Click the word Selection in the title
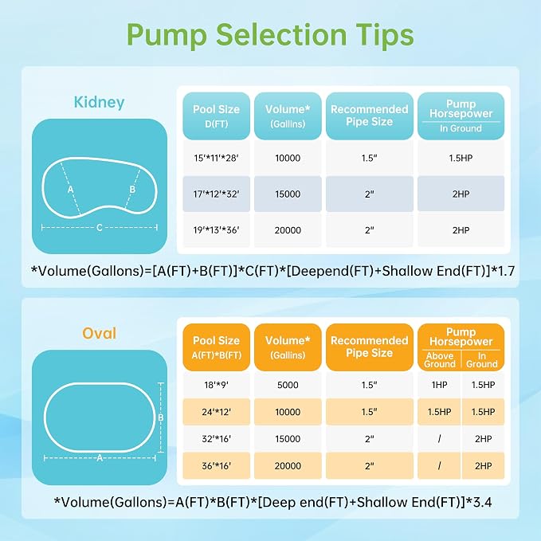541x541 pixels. [x=281, y=35]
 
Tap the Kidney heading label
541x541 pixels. [x=99, y=103]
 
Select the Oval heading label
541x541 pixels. [x=99, y=333]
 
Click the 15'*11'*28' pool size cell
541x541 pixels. [x=216, y=158]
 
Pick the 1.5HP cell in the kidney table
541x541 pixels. [x=461, y=158]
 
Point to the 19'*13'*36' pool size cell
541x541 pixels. [x=216, y=229]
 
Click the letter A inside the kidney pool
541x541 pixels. [x=70, y=189]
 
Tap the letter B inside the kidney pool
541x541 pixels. [x=132, y=189]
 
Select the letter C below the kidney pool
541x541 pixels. [x=100, y=228]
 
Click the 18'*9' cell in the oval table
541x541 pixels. [x=216, y=385]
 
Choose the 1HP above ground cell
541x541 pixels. [x=439, y=385]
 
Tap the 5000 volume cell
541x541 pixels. [x=288, y=385]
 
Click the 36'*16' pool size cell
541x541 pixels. [x=216, y=466]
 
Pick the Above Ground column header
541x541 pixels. [x=440, y=360]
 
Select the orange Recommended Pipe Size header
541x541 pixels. [x=369, y=347]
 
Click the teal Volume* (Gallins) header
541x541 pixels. [x=288, y=116]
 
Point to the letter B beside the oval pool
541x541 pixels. [x=161, y=418]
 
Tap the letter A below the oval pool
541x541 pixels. [x=100, y=458]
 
